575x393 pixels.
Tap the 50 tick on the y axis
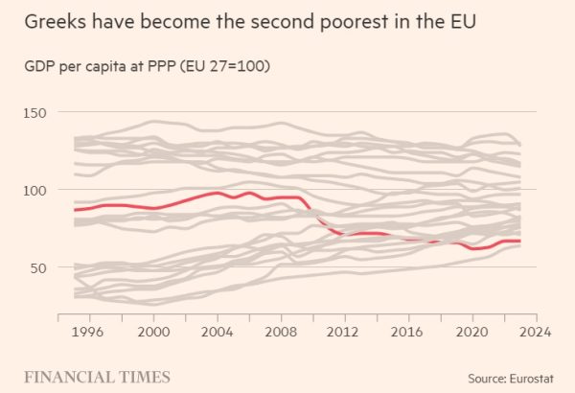click(35, 268)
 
